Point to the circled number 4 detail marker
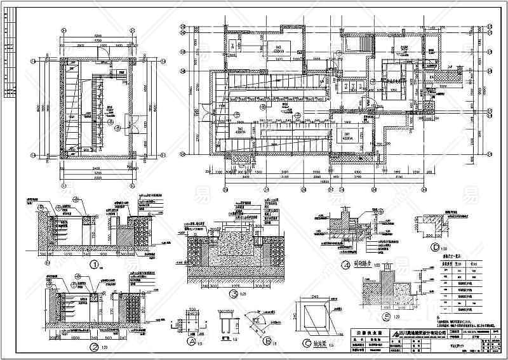[345, 266]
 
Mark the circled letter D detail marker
[435, 247]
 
